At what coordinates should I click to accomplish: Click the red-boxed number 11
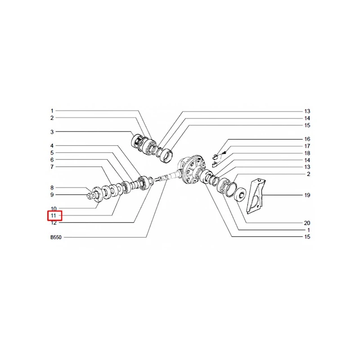pos(54,216)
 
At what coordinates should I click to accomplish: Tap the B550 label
pos(56,238)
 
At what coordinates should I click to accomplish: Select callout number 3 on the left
pos(52,132)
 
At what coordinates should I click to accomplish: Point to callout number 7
pos(52,167)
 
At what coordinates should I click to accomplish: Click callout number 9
pos(52,195)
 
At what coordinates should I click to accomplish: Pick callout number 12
pos(54,223)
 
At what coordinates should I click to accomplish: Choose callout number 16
pos(307,139)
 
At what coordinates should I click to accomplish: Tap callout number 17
pos(307,146)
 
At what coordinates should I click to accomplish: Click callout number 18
pos(307,153)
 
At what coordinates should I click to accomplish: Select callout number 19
pos(307,195)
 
